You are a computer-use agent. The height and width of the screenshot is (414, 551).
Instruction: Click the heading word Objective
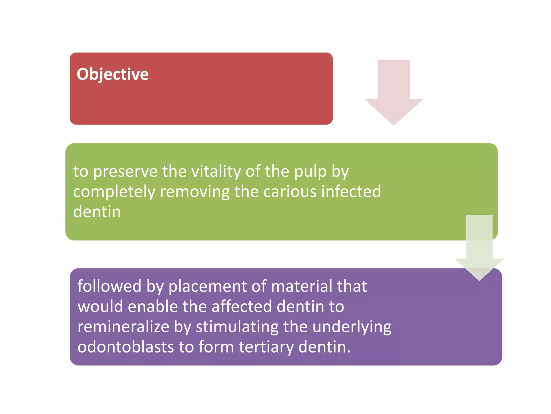point(112,74)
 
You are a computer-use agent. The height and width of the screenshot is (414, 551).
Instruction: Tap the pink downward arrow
point(393,92)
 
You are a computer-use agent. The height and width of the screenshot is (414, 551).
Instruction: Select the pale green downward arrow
point(479,248)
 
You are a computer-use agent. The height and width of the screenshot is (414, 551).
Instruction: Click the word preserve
point(125,172)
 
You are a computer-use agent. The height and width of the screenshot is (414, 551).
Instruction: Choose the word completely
point(114,192)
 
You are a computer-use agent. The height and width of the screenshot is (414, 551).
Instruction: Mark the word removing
point(195,192)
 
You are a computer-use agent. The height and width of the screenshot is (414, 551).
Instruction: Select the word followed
point(109,286)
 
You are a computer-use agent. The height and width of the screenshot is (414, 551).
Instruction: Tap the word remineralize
point(123,327)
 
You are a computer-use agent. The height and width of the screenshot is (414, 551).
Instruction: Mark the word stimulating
point(237,327)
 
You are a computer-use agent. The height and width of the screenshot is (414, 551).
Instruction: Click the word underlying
point(352,327)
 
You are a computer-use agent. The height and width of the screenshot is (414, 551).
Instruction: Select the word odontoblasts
point(126,347)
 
